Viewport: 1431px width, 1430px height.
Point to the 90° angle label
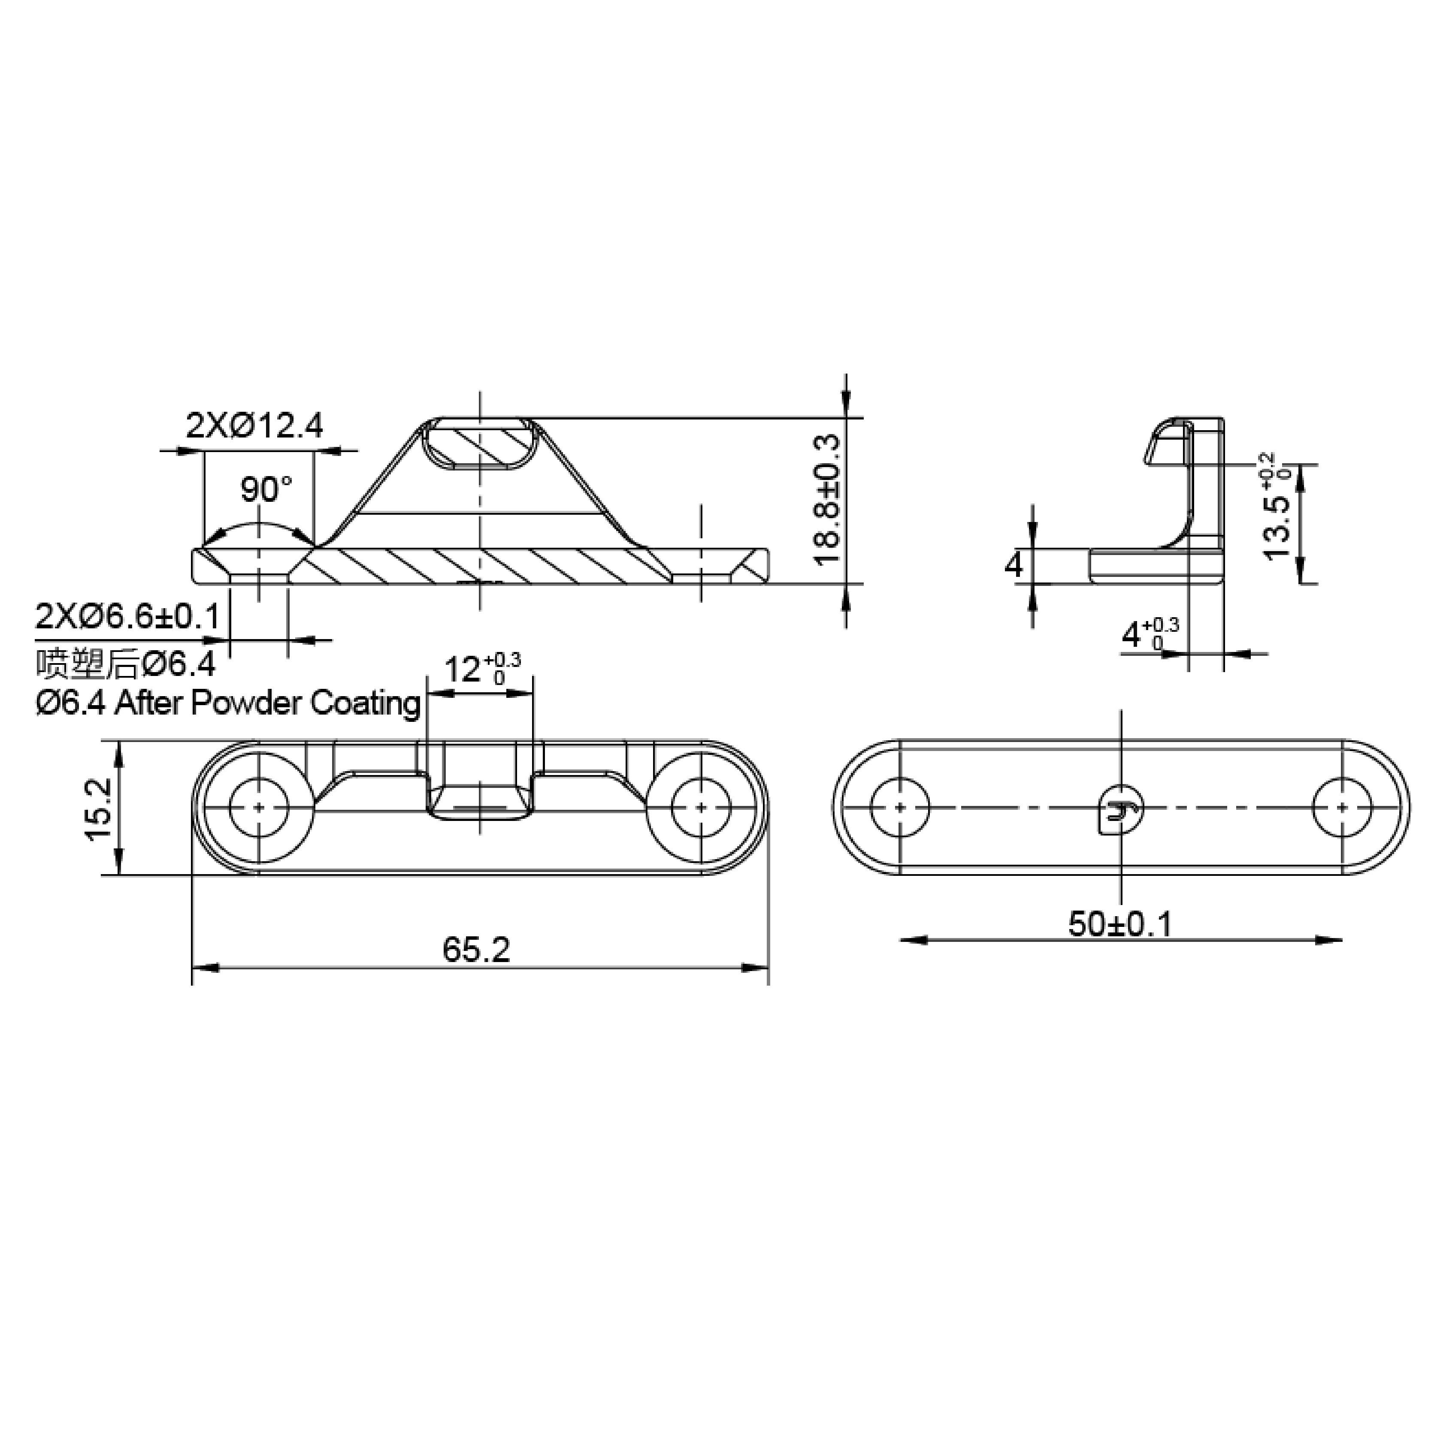tap(266, 489)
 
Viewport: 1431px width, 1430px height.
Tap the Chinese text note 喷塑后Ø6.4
tap(126, 664)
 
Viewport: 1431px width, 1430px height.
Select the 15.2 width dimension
tap(99, 809)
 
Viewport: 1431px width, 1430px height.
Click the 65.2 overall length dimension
tap(476, 950)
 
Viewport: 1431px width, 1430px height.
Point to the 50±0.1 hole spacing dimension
tap(1120, 923)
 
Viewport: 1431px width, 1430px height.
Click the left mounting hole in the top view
tap(258, 807)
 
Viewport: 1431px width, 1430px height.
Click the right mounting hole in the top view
tap(700, 807)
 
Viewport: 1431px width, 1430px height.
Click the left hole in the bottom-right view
tap(900, 807)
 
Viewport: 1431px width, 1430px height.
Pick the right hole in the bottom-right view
tap(1341, 807)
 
